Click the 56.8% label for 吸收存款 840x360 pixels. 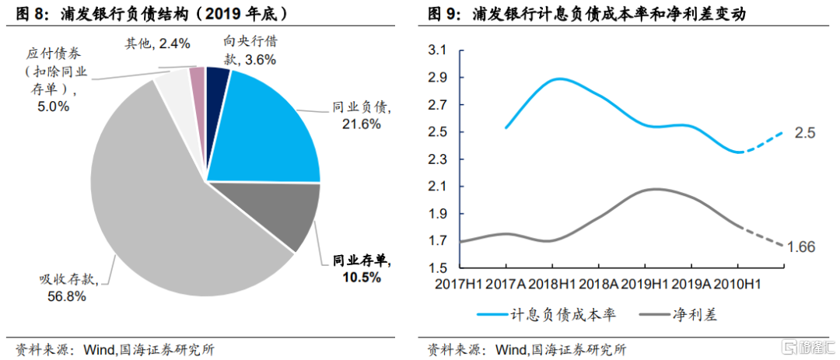click(x=67, y=296)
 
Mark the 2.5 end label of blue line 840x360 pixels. click(x=805, y=133)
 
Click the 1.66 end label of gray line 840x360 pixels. click(x=801, y=247)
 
